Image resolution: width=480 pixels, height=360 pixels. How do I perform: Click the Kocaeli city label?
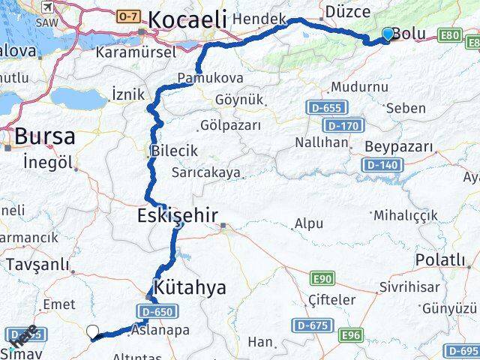[187, 20]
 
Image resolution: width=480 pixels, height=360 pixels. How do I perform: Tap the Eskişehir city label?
[178, 216]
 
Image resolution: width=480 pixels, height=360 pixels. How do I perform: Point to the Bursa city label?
[45, 136]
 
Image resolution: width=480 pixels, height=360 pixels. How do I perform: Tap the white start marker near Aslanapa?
[92, 331]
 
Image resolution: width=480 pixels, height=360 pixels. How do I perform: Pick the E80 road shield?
[450, 34]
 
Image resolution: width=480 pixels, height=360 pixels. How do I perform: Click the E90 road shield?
[323, 279]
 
